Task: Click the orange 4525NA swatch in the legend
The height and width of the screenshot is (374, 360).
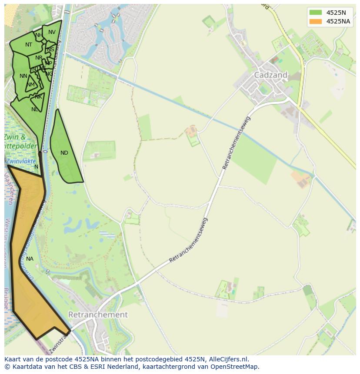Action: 316,21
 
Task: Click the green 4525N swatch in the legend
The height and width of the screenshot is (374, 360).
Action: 316,13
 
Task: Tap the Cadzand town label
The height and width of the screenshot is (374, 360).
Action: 270,75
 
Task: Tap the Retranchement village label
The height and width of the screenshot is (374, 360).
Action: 98,314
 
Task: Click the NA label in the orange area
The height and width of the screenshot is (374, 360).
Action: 30,259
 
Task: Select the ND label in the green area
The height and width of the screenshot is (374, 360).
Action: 64,153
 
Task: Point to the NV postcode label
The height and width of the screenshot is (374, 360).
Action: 52,32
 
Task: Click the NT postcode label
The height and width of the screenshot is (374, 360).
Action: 29,45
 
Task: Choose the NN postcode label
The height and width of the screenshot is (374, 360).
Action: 23,76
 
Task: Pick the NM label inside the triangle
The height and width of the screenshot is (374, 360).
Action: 30,85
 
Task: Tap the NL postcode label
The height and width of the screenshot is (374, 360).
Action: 35,109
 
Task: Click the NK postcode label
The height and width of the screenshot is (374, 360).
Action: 39,97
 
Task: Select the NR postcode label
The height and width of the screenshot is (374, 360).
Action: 39,58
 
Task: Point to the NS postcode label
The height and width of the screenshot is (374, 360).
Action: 51,50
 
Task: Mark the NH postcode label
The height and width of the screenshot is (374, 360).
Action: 39,35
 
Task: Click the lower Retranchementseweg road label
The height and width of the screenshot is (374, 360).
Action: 189,241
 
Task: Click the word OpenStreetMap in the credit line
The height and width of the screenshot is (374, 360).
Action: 234,367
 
